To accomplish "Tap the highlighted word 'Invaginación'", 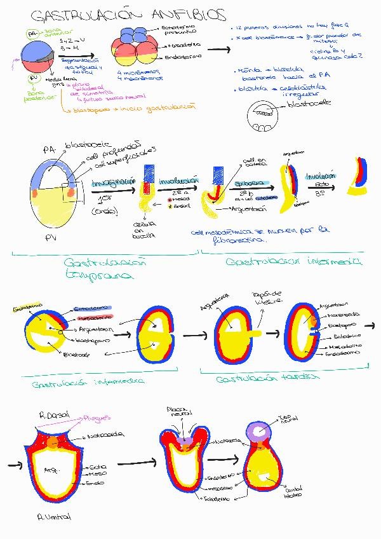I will (114, 182).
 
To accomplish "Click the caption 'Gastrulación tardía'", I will (268, 377).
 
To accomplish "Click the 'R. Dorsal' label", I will (54, 414).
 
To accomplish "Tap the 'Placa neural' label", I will (177, 412).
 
